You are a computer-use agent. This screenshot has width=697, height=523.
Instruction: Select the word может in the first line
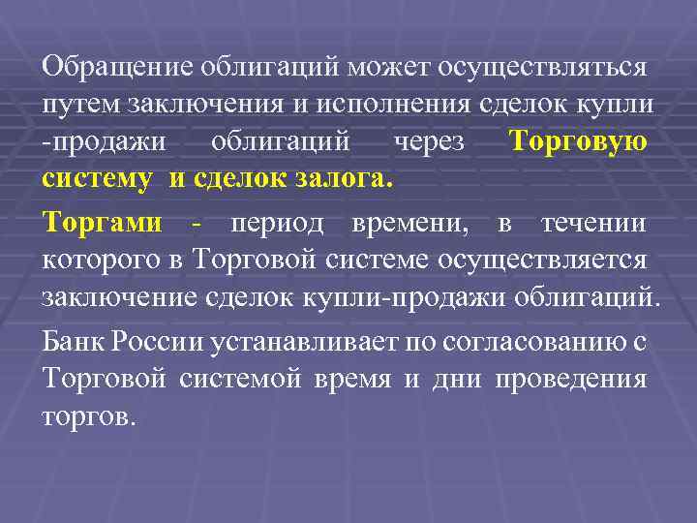coord(393,67)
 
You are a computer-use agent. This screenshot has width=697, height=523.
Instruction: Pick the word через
coord(428,141)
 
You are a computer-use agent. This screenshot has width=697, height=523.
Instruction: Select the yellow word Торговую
coord(578,141)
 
